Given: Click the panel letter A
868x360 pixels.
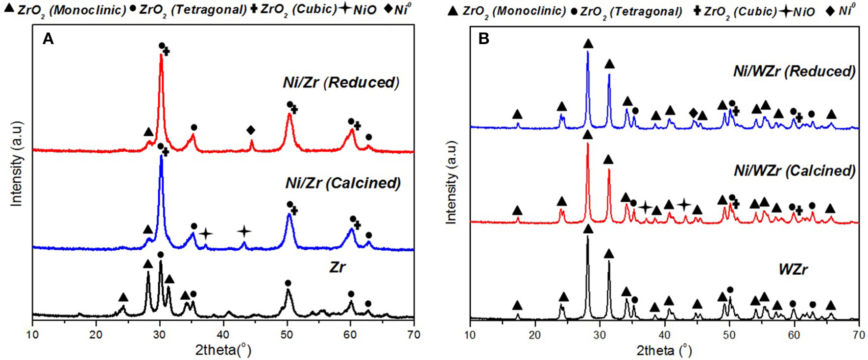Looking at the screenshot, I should point(48,39).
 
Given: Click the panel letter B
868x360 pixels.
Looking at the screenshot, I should point(483,39).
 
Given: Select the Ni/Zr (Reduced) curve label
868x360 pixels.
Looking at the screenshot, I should point(341,82).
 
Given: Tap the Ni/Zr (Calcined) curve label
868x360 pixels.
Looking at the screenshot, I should point(343,183).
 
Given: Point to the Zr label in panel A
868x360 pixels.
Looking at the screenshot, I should point(338,267).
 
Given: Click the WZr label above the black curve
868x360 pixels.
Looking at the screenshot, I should point(793,269).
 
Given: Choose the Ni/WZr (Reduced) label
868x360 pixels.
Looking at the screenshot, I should point(794,72).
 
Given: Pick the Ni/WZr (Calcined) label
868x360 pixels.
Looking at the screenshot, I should point(795,170).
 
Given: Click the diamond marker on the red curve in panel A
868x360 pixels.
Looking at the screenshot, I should point(251,130).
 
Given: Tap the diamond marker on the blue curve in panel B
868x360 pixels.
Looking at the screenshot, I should point(693,113).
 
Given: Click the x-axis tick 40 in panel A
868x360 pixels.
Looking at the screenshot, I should point(223,335).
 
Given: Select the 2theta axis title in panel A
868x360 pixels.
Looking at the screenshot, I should point(223,350).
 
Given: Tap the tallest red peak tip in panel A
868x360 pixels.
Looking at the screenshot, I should point(161,55).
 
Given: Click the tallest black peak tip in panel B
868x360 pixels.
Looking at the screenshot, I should point(587,237).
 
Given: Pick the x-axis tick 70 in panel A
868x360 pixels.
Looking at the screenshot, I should point(414,335).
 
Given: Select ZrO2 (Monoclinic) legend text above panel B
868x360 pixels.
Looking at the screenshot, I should point(514,11).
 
